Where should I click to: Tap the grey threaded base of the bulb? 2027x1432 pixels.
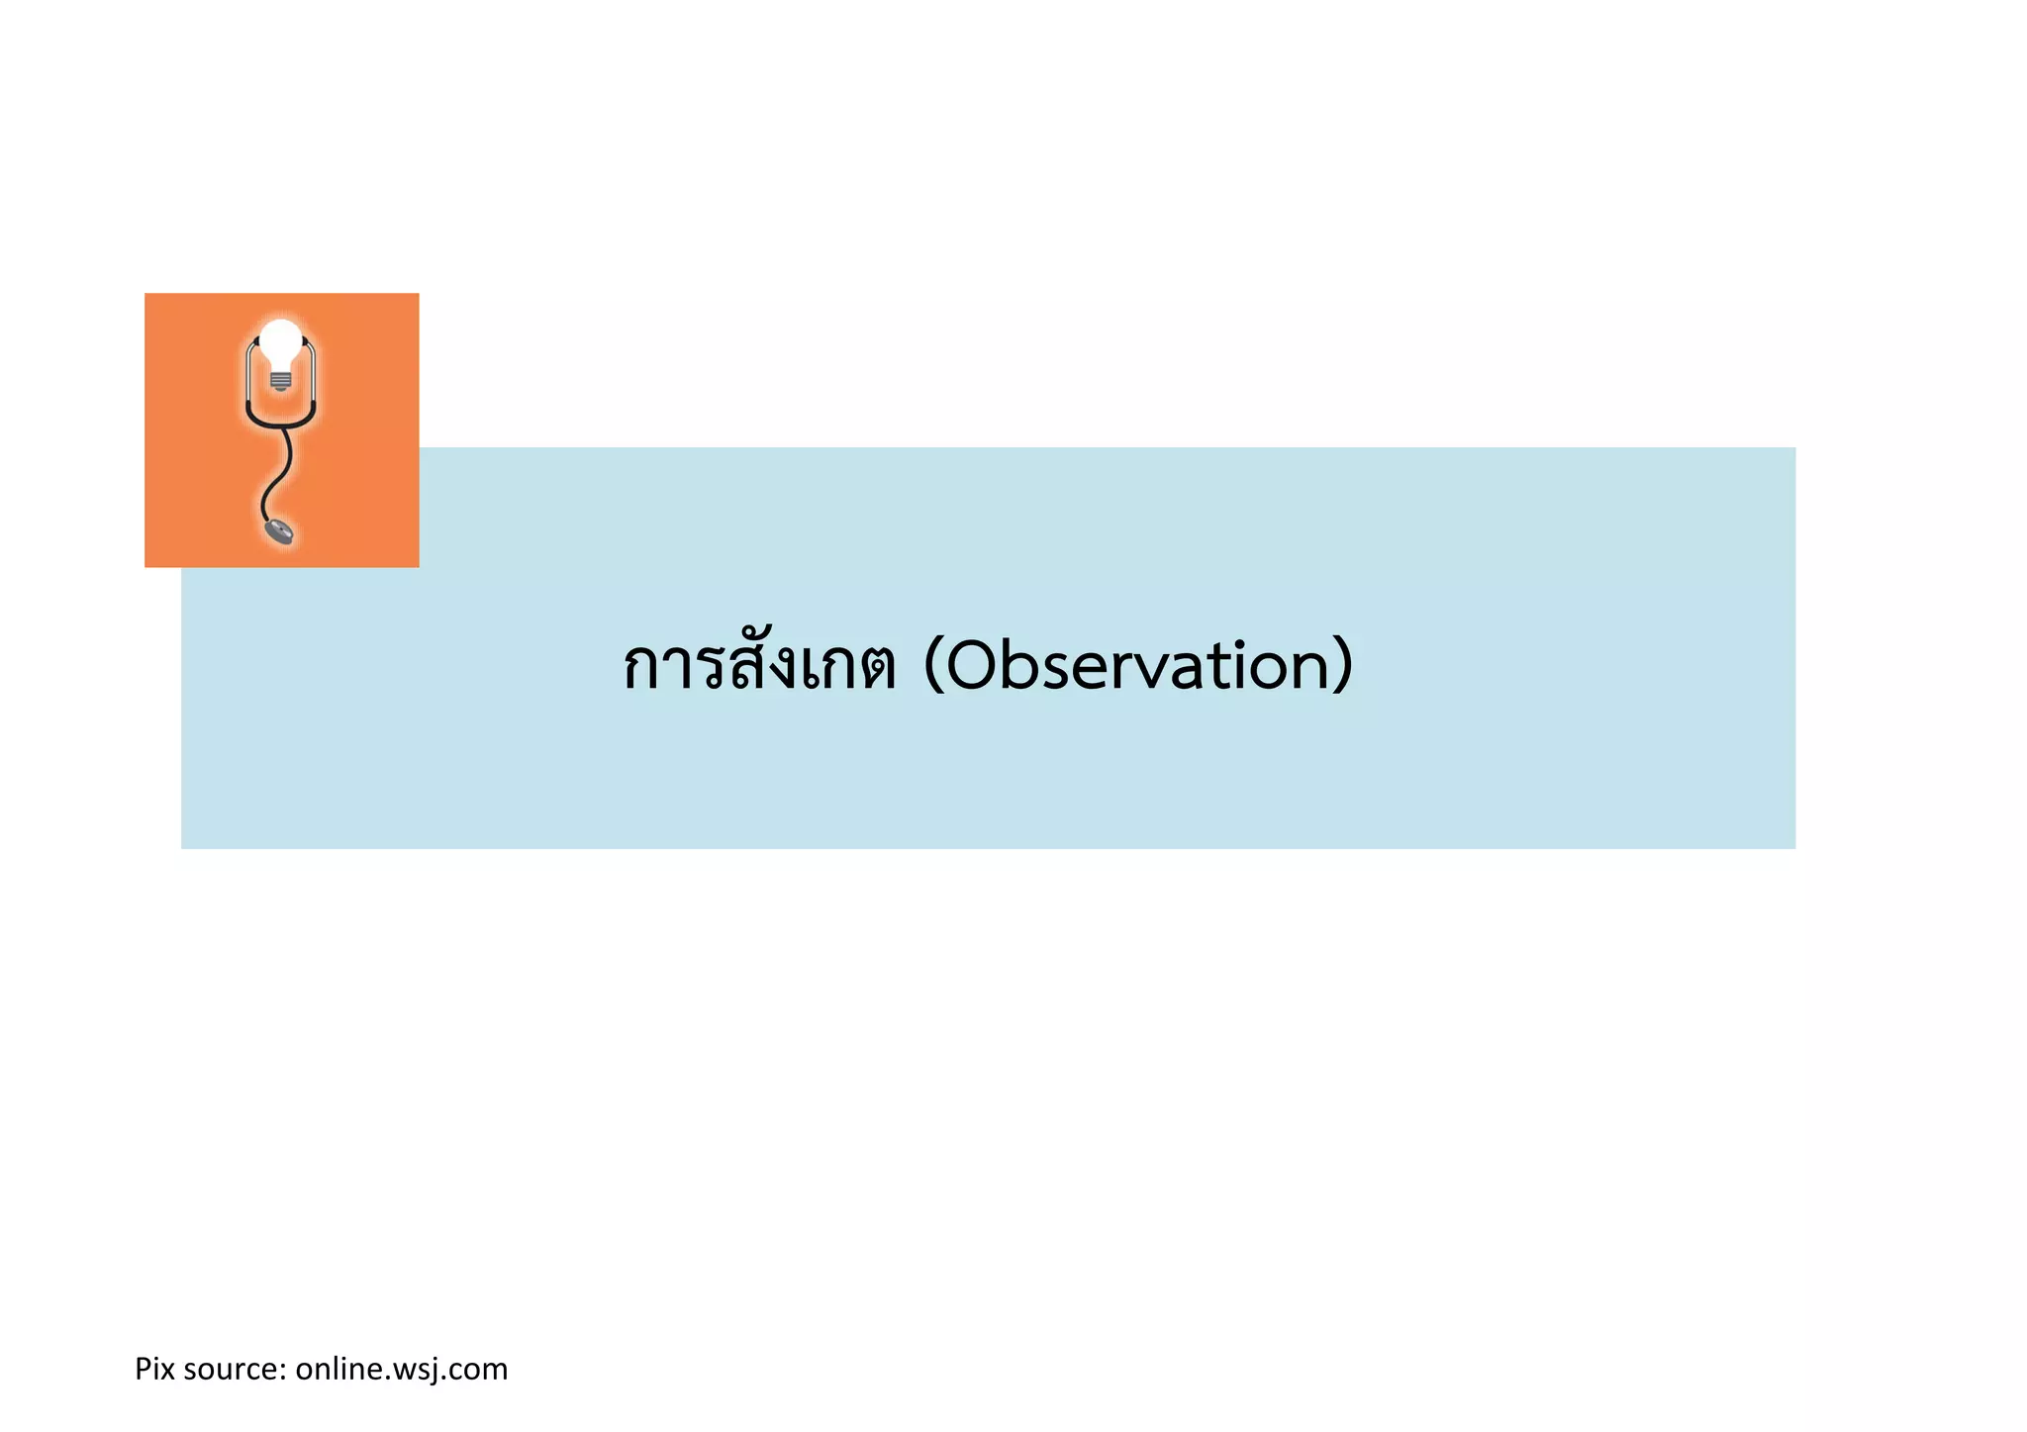coord(281,379)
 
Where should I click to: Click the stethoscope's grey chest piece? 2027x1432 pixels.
coord(279,530)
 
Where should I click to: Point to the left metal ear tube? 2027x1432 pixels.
coord(248,372)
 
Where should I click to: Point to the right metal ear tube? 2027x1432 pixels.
coord(314,372)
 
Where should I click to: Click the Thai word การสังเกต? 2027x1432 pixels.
coord(760,665)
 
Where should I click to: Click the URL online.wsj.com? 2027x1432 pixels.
coord(401,1370)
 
